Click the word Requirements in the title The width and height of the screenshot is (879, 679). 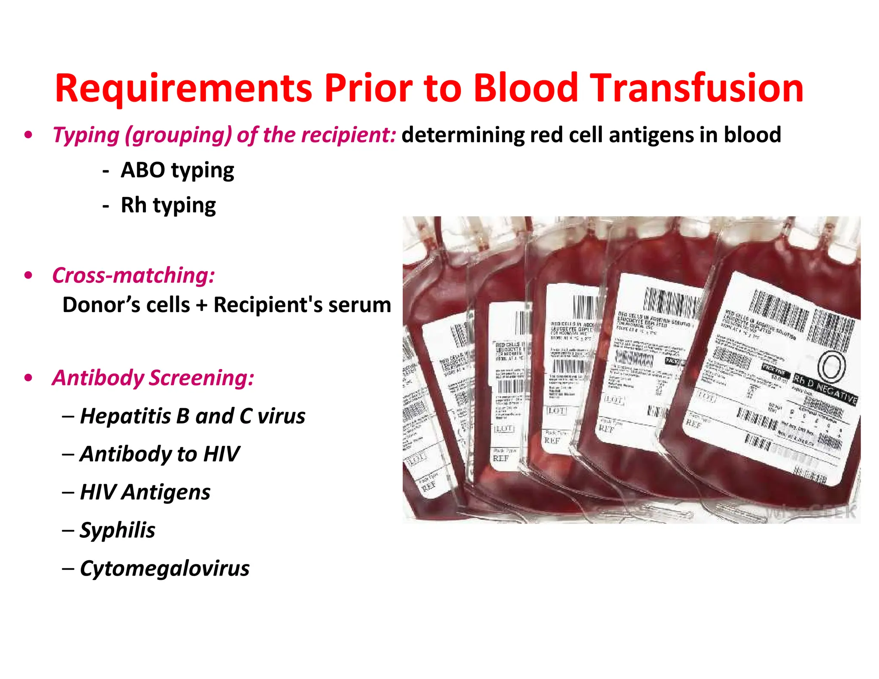pos(183,89)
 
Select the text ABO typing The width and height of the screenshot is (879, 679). pos(177,171)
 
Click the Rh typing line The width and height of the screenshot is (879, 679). pos(168,206)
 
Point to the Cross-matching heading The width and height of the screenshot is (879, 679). pos(133,275)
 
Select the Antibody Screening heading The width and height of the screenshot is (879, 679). pos(153,378)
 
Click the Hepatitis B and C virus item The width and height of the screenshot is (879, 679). pos(192,416)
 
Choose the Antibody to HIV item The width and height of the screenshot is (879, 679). pos(160,454)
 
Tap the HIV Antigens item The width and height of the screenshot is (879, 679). pos(145,492)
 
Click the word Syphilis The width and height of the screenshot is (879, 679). pos(118,530)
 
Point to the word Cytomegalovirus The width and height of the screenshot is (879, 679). pos(164,569)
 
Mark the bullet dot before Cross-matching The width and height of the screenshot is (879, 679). pos(29,275)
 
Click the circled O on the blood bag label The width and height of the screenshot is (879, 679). pos(831,367)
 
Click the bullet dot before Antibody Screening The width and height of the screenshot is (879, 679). pos(29,378)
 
